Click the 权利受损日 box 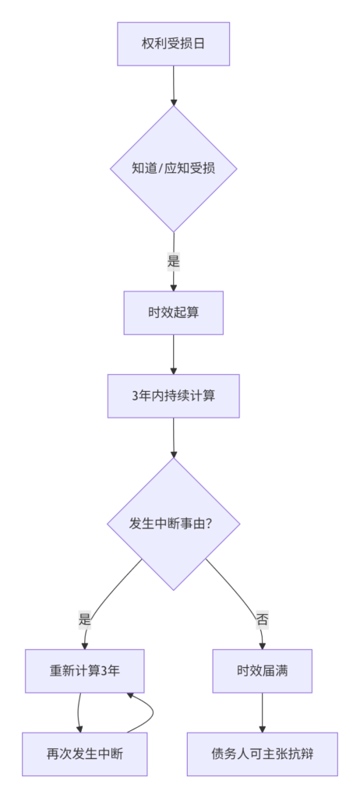coord(173,44)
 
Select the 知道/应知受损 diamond coord(174,168)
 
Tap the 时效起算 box coord(173,312)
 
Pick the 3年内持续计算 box coord(173,396)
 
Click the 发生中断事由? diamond coord(173,524)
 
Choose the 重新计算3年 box coord(84,671)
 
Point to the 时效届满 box coord(263,671)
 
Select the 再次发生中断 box coord(84,754)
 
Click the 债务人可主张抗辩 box coord(263,754)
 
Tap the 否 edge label coord(263,620)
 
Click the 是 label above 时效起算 coord(174,262)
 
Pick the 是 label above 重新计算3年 coord(84,620)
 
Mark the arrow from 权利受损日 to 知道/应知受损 coord(174,86)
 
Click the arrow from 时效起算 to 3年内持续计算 coord(174,355)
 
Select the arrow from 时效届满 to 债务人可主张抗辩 coord(263,712)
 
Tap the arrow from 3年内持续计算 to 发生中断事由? coord(174,438)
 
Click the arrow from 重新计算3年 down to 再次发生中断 coord(79,712)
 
